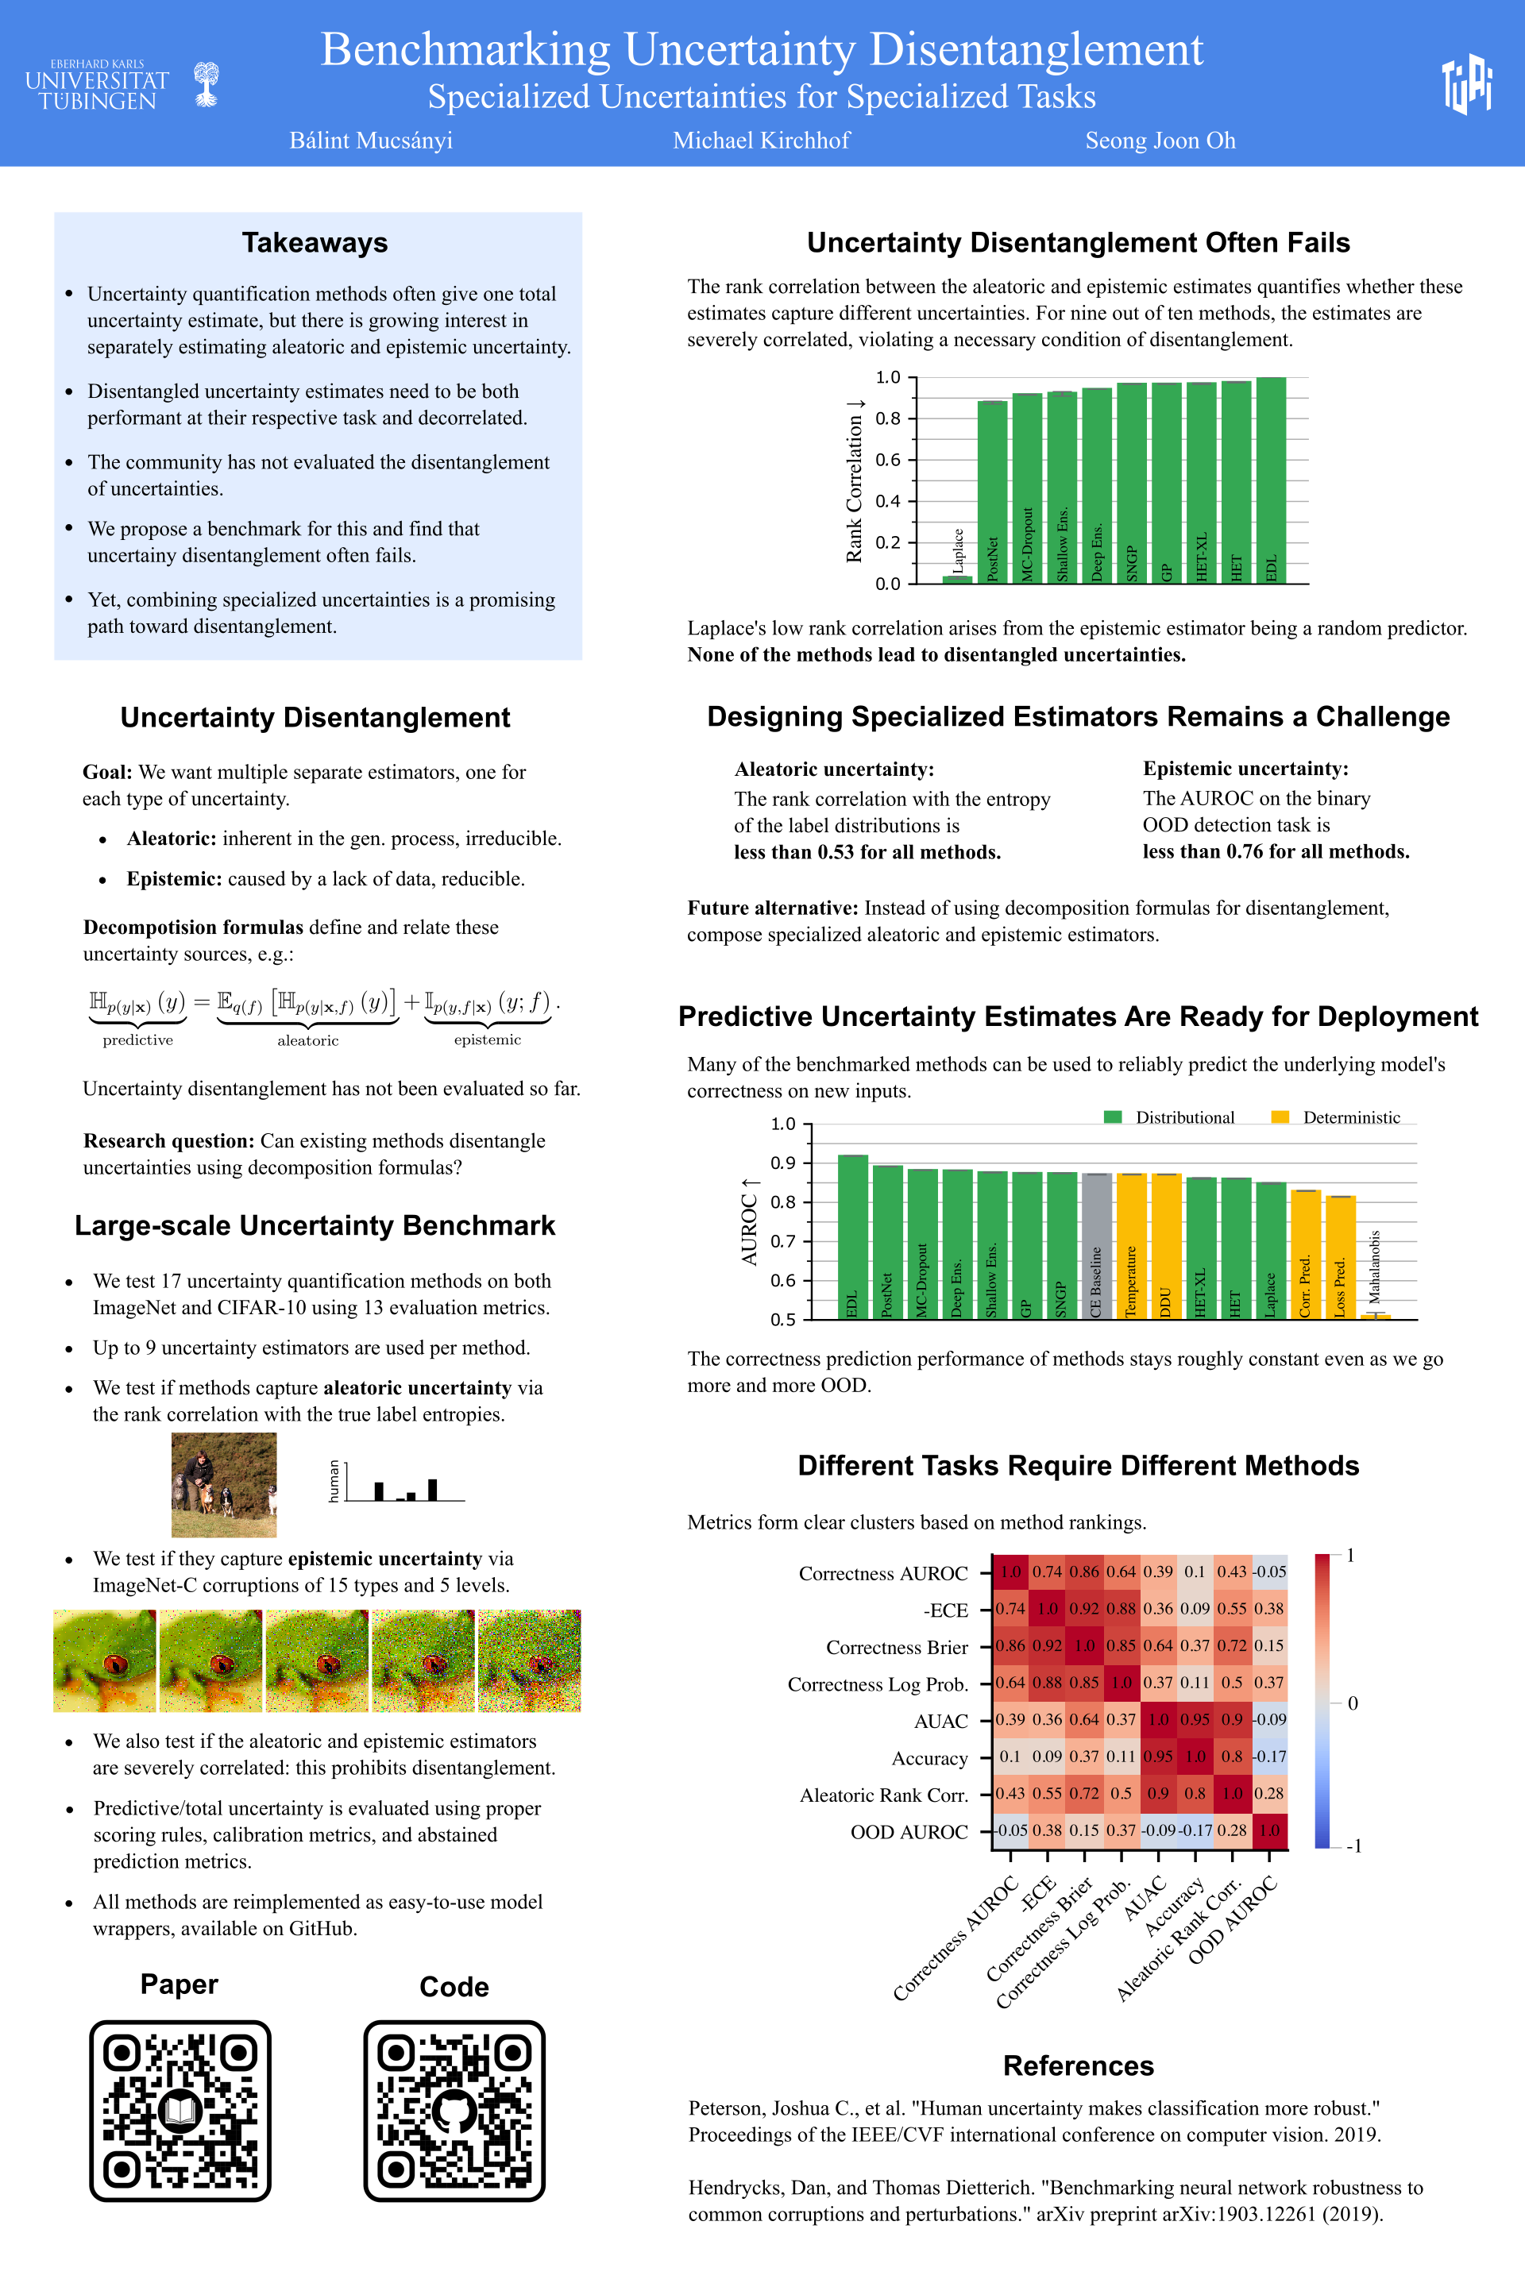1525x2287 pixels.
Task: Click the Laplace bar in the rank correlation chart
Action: pyautogui.click(x=957, y=579)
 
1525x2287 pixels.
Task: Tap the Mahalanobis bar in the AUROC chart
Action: pyautogui.click(x=1375, y=1316)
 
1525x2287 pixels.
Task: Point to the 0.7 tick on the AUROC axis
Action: pyautogui.click(x=783, y=1240)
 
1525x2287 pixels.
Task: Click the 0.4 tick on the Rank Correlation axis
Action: pyautogui.click(x=888, y=501)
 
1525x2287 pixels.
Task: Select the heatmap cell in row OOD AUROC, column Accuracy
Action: pyautogui.click(x=1195, y=1830)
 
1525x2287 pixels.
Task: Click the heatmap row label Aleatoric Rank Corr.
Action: pyautogui.click(x=883, y=1795)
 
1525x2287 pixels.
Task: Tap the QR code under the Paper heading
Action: pyautogui.click(x=180, y=2110)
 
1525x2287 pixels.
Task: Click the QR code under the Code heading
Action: pyautogui.click(x=454, y=2110)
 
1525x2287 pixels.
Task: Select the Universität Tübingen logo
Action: pyautogui.click(x=122, y=86)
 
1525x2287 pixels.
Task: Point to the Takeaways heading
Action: pyautogui.click(x=315, y=243)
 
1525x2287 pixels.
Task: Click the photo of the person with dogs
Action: pyautogui.click(x=224, y=1484)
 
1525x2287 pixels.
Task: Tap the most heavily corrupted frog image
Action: pyautogui.click(x=529, y=1660)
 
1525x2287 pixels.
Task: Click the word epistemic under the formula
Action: pyautogui.click(x=487, y=1039)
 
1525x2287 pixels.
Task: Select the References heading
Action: pyautogui.click(x=1078, y=2065)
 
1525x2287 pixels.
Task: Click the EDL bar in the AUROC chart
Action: pyautogui.click(x=852, y=1236)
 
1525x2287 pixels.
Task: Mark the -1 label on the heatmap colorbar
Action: pyautogui.click(x=1353, y=1845)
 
